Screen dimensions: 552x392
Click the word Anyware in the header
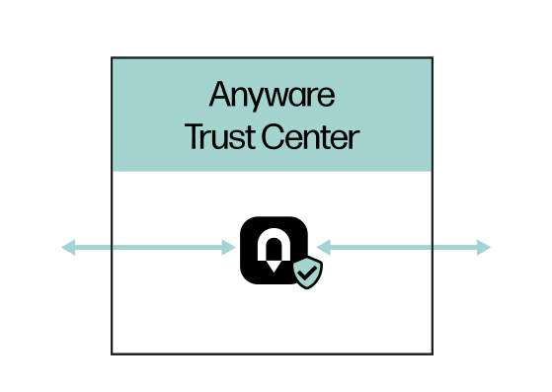click(x=272, y=95)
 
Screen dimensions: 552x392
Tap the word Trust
click(x=219, y=137)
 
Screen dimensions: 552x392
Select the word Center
click(x=310, y=137)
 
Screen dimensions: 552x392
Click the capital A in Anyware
click(x=221, y=94)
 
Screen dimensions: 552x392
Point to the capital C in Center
click(x=273, y=136)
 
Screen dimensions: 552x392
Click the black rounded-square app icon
click(x=274, y=250)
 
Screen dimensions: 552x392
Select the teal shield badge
click(x=308, y=273)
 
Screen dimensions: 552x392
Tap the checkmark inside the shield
click(x=307, y=273)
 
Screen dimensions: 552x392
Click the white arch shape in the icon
click(x=274, y=244)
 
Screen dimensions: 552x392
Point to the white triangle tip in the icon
click(x=274, y=272)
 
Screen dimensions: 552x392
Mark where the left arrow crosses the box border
click(x=112, y=248)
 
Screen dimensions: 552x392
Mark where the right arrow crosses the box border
click(x=433, y=248)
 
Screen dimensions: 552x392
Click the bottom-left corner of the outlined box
click(x=112, y=354)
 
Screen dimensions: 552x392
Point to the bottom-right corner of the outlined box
click(x=433, y=354)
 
